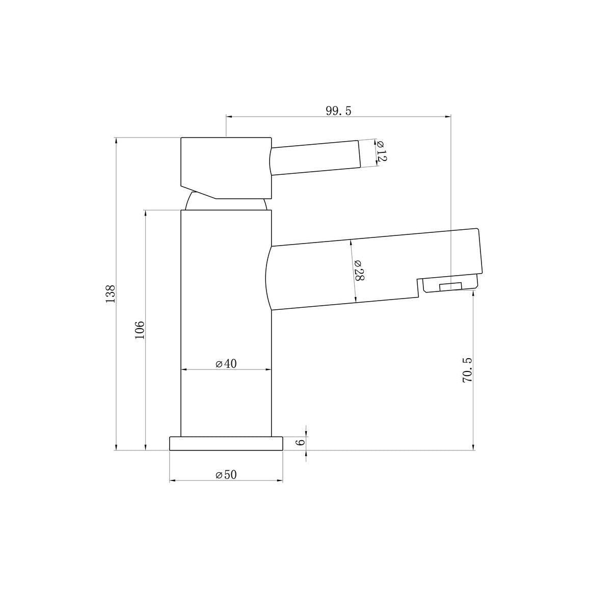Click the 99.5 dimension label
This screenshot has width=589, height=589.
[x=338, y=111]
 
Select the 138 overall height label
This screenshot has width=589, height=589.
[x=111, y=294]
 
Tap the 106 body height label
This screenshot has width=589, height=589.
[x=140, y=330]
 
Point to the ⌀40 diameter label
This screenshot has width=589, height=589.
[x=226, y=364]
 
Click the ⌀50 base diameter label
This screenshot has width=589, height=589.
[x=226, y=475]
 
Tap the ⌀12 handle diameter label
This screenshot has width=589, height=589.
[x=381, y=151]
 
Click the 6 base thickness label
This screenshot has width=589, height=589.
[x=300, y=443]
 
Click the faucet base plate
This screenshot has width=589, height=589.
[x=226, y=443]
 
